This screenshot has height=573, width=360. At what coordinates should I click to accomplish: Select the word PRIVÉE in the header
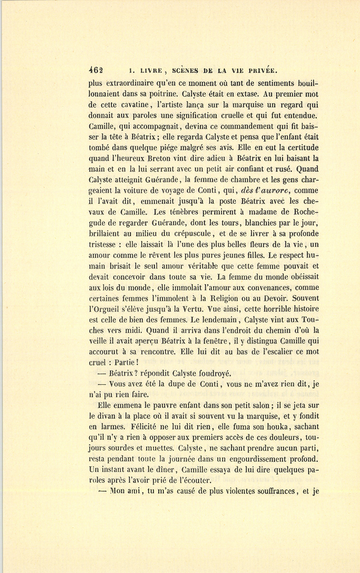(262, 70)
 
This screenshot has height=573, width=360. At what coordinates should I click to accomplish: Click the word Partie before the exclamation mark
(126, 363)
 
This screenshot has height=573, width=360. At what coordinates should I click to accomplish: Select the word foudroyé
(213, 374)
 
